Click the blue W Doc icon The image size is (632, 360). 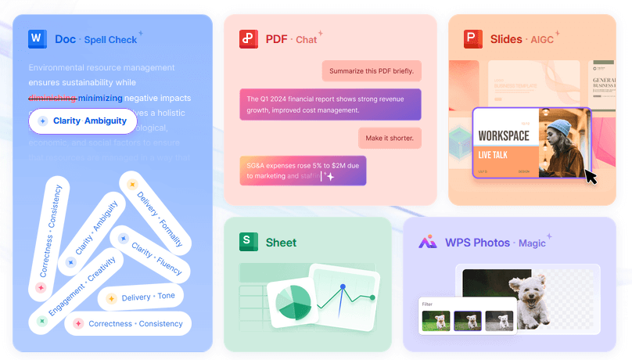[38, 38]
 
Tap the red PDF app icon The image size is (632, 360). [249, 39]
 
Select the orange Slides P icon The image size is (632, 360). [473, 39]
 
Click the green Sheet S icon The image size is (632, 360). [249, 242]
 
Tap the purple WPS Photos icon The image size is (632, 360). [428, 243]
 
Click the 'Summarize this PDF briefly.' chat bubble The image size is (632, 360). [372, 71]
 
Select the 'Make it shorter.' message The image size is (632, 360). [390, 139]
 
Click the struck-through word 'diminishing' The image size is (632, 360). [52, 98]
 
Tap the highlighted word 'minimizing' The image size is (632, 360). [100, 98]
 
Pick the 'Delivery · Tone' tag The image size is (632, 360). [142, 297]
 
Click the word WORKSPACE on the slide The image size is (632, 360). [504, 135]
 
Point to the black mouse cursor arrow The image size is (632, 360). [591, 176]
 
